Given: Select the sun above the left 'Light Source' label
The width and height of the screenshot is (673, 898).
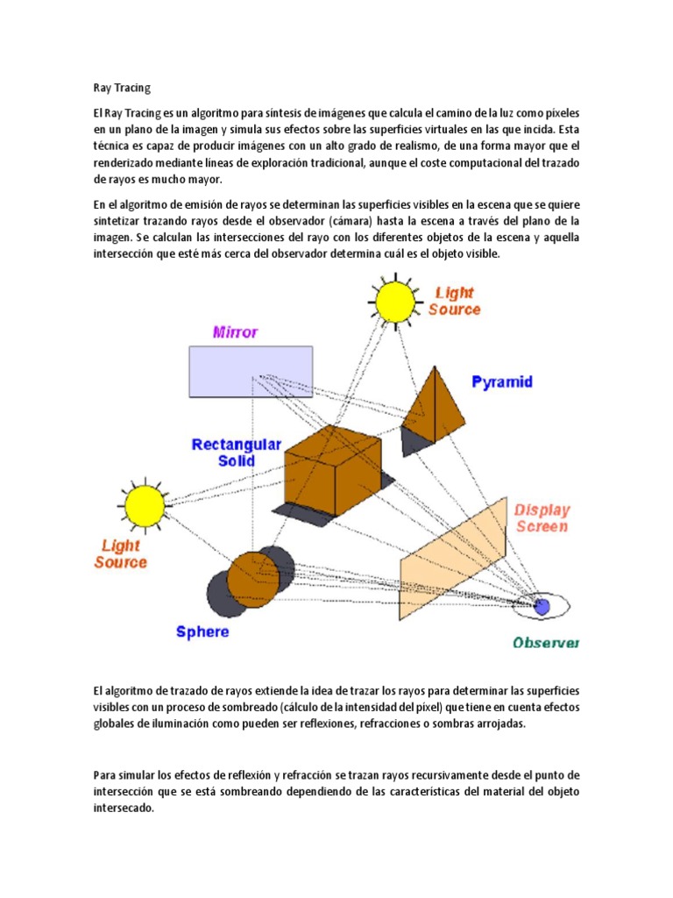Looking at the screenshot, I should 145,505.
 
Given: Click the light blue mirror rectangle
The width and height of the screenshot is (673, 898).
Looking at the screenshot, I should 251,372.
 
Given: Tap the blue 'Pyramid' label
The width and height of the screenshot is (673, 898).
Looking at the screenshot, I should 502,382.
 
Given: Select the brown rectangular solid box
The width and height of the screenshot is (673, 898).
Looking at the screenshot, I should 333,466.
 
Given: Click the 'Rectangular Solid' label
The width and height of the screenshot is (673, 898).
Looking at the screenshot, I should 237,453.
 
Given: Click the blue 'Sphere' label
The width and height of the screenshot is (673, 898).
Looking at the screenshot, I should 202,631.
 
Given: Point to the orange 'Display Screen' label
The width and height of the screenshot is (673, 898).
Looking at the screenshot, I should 542,518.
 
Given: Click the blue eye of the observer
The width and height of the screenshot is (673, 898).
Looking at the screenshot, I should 542,605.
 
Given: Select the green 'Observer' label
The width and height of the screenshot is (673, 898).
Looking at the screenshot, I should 546,643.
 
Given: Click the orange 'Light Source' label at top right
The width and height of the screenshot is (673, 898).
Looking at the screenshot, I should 454,301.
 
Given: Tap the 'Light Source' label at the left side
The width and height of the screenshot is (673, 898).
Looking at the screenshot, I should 121,553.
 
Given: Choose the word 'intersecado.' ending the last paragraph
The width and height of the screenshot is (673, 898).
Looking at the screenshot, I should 124,809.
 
